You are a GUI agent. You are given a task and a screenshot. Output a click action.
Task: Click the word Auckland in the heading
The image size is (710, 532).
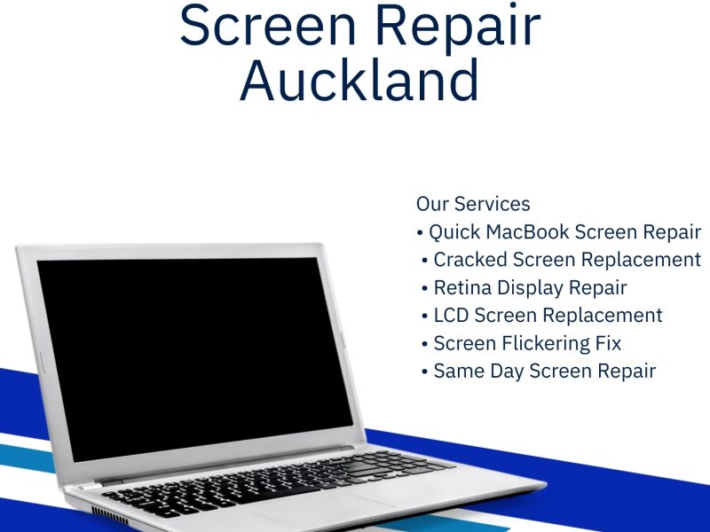tap(359, 81)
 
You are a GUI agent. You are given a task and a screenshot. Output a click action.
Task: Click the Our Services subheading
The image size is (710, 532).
tap(473, 204)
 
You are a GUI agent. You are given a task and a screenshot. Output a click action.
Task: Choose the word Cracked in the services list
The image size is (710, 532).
tap(469, 260)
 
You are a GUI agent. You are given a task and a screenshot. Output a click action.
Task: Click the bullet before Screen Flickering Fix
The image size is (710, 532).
tap(425, 344)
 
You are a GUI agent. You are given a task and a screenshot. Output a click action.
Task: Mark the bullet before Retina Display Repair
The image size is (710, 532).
tap(425, 288)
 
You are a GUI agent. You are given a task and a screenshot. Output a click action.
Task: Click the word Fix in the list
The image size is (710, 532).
tap(608, 343)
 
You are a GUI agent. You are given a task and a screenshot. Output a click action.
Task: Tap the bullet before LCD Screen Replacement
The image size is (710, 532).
tap(425, 316)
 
